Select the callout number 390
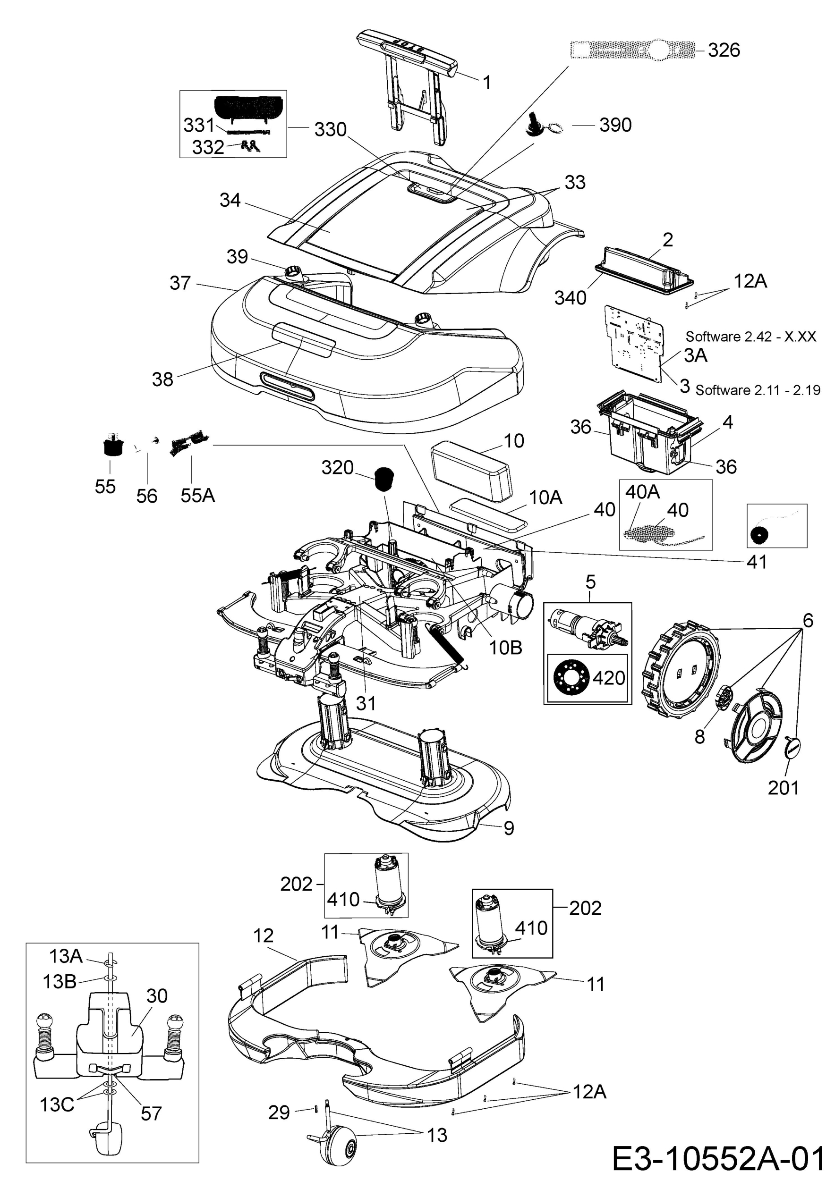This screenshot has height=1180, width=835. (615, 125)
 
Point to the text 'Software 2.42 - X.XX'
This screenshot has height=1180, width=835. (750, 337)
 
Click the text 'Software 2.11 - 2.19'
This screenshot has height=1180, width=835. (758, 390)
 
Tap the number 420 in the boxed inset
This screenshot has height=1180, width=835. (608, 678)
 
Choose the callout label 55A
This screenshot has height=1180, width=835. (197, 496)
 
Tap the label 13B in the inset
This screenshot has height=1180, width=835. (60, 982)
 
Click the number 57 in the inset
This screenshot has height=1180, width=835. (151, 1114)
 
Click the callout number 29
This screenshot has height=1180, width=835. (279, 1113)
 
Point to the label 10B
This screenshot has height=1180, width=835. (505, 648)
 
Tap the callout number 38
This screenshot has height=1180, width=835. (162, 379)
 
